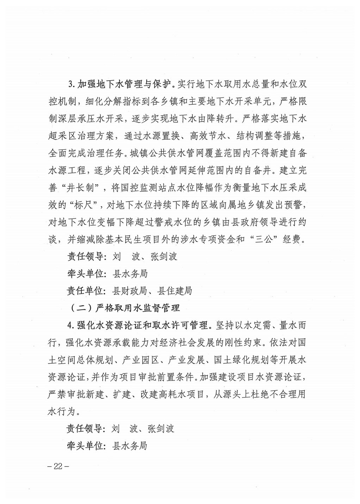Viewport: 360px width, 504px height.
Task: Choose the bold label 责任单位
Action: coord(86,291)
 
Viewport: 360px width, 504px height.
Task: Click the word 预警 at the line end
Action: coord(297,205)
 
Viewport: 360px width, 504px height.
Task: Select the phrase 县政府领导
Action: coord(257,222)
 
